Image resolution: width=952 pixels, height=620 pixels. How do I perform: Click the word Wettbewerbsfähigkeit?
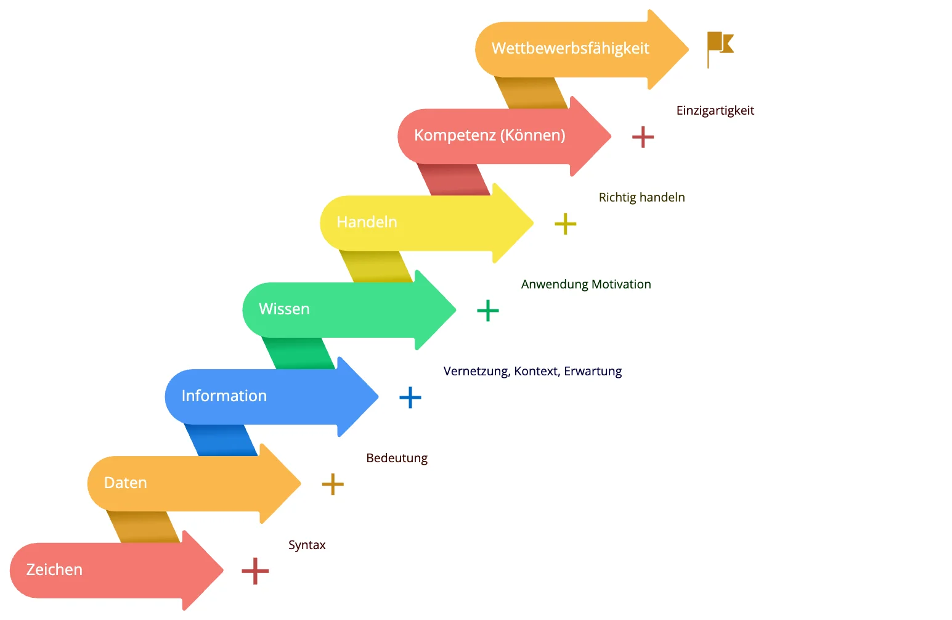pos(571,49)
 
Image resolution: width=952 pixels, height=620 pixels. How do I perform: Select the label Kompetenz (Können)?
pos(490,135)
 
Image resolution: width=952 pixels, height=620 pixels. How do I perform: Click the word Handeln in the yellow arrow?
pos(367,222)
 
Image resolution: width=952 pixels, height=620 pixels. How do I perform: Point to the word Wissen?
pos(284,309)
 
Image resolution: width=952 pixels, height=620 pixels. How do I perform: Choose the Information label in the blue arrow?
pos(224,396)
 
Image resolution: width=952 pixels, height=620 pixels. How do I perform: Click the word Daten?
pos(125,483)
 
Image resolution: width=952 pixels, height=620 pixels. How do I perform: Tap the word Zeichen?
pos(54,569)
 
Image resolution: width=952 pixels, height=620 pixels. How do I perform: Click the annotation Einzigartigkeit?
pos(715,110)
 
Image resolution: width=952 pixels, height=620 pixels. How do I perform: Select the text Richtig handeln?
pos(641,197)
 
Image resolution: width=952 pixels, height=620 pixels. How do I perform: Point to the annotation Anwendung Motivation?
pos(586,284)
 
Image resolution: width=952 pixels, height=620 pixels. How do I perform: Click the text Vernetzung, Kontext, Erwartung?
pos(532,371)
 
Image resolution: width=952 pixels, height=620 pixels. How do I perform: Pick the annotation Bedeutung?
pos(397,458)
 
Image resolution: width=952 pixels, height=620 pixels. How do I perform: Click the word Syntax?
pos(307,545)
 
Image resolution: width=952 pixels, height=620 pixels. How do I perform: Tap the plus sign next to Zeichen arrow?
pos(255,571)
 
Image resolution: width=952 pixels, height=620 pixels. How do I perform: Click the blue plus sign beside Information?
pos(410,398)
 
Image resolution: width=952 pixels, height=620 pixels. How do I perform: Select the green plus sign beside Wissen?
pos(488,311)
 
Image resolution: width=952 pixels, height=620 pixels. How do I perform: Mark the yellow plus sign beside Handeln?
pos(566,224)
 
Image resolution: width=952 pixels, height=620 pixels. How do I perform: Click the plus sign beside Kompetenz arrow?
pos(643,137)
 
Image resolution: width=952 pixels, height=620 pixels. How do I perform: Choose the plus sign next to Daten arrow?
pos(333,484)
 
